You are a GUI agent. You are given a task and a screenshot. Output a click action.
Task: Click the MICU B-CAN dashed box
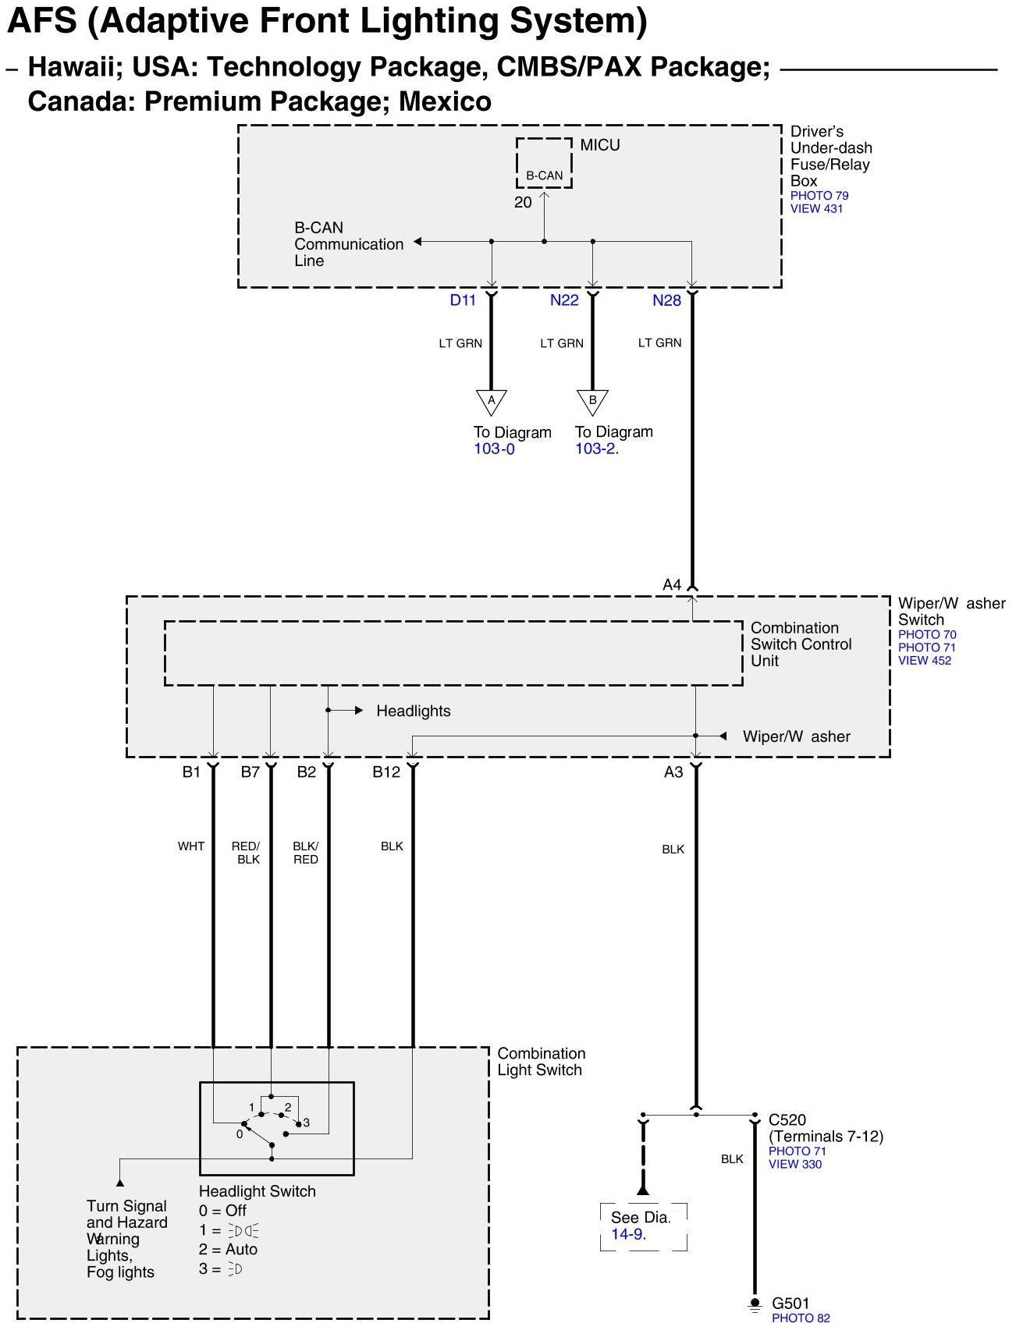point(544,164)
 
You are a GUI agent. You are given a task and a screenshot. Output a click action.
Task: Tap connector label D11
point(463,300)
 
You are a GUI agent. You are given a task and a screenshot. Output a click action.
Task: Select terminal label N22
point(564,300)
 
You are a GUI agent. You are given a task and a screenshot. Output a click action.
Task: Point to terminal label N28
point(666,300)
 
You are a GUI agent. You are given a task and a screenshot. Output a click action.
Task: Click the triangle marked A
point(492,402)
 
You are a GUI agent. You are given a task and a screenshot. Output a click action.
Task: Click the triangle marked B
point(592,402)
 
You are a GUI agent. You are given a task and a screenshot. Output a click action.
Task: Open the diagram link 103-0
point(494,449)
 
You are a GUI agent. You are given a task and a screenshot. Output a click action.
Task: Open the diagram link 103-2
point(595,449)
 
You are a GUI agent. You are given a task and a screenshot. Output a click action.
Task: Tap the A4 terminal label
point(672,584)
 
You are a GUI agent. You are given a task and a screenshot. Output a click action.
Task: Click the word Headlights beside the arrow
point(413,711)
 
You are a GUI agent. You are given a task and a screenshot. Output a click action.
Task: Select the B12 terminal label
point(386,772)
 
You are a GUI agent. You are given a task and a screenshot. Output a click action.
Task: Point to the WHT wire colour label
point(191,846)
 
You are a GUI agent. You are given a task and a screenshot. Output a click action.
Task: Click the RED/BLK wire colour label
point(247,853)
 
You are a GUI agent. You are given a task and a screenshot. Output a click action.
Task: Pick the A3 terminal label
point(673,772)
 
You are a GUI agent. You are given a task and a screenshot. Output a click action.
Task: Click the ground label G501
point(790,1304)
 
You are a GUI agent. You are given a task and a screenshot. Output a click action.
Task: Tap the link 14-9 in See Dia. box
point(627,1234)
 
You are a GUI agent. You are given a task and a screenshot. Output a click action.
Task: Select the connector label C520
point(787,1120)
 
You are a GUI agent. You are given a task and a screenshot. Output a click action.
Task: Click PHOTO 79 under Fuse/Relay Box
point(819,196)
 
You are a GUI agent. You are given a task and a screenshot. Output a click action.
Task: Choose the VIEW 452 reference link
point(925,661)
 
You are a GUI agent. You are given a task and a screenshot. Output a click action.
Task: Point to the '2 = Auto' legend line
point(228,1249)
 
